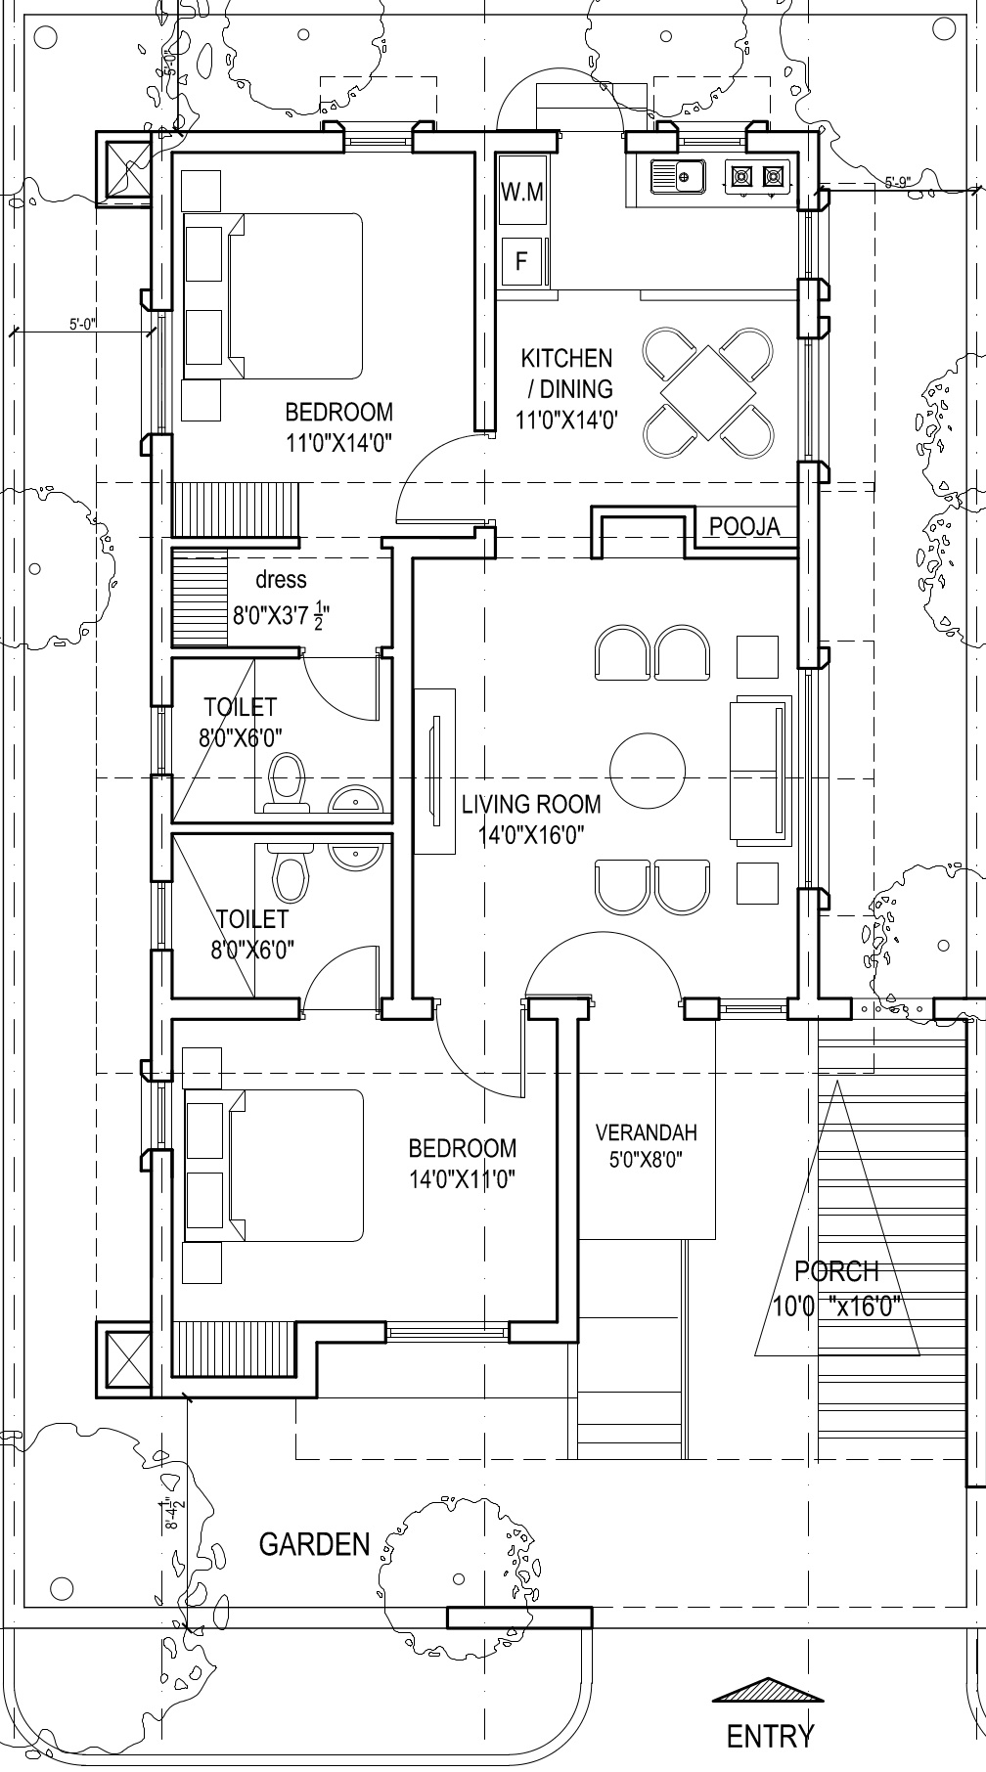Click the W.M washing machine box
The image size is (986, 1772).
pos(521,193)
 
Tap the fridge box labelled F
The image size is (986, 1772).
pos(521,261)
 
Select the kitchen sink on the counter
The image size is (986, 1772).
pos(677,177)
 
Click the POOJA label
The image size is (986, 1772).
pos(744,527)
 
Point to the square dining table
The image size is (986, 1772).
pos(709,393)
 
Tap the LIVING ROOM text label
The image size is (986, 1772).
pos(531,805)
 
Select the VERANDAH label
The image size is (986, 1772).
pos(647,1132)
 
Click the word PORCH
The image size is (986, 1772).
pos(836,1271)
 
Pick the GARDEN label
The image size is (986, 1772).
pos(315,1544)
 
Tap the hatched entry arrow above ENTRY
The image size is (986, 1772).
pos(768,1690)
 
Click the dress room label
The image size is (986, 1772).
pos(281,580)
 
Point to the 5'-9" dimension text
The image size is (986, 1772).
pos(898,181)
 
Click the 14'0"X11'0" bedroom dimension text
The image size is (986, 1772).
pos(463,1178)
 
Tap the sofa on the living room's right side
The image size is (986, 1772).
pos(760,770)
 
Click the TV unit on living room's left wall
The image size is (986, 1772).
pos(434,771)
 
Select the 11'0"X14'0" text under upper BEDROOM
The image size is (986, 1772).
pos(338,443)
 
